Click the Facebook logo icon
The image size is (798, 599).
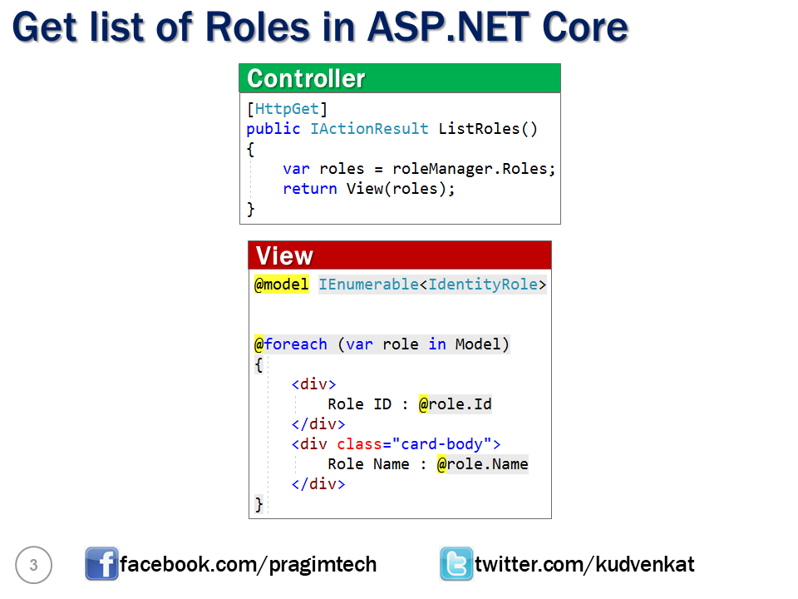pyautogui.click(x=101, y=564)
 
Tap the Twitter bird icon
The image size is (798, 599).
pyautogui.click(x=456, y=564)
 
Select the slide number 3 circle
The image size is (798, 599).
pyautogui.click(x=33, y=566)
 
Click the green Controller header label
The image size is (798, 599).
pyautogui.click(x=306, y=78)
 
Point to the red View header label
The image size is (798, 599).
pyautogui.click(x=284, y=255)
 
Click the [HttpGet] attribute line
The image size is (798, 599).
pyautogui.click(x=287, y=108)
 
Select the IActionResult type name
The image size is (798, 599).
pyautogui.click(x=369, y=128)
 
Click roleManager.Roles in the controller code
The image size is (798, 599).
pyautogui.click(x=470, y=168)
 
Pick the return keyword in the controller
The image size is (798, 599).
pyautogui.click(x=309, y=188)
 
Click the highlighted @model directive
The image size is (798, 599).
pyautogui.click(x=281, y=285)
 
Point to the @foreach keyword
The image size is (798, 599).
pyautogui.click(x=290, y=344)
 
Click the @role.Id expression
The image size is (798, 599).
pyautogui.click(x=455, y=404)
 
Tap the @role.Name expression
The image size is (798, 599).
pyautogui.click(x=482, y=463)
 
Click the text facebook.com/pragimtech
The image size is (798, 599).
pyautogui.click(x=248, y=565)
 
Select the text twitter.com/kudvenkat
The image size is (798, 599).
pyautogui.click(x=584, y=565)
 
